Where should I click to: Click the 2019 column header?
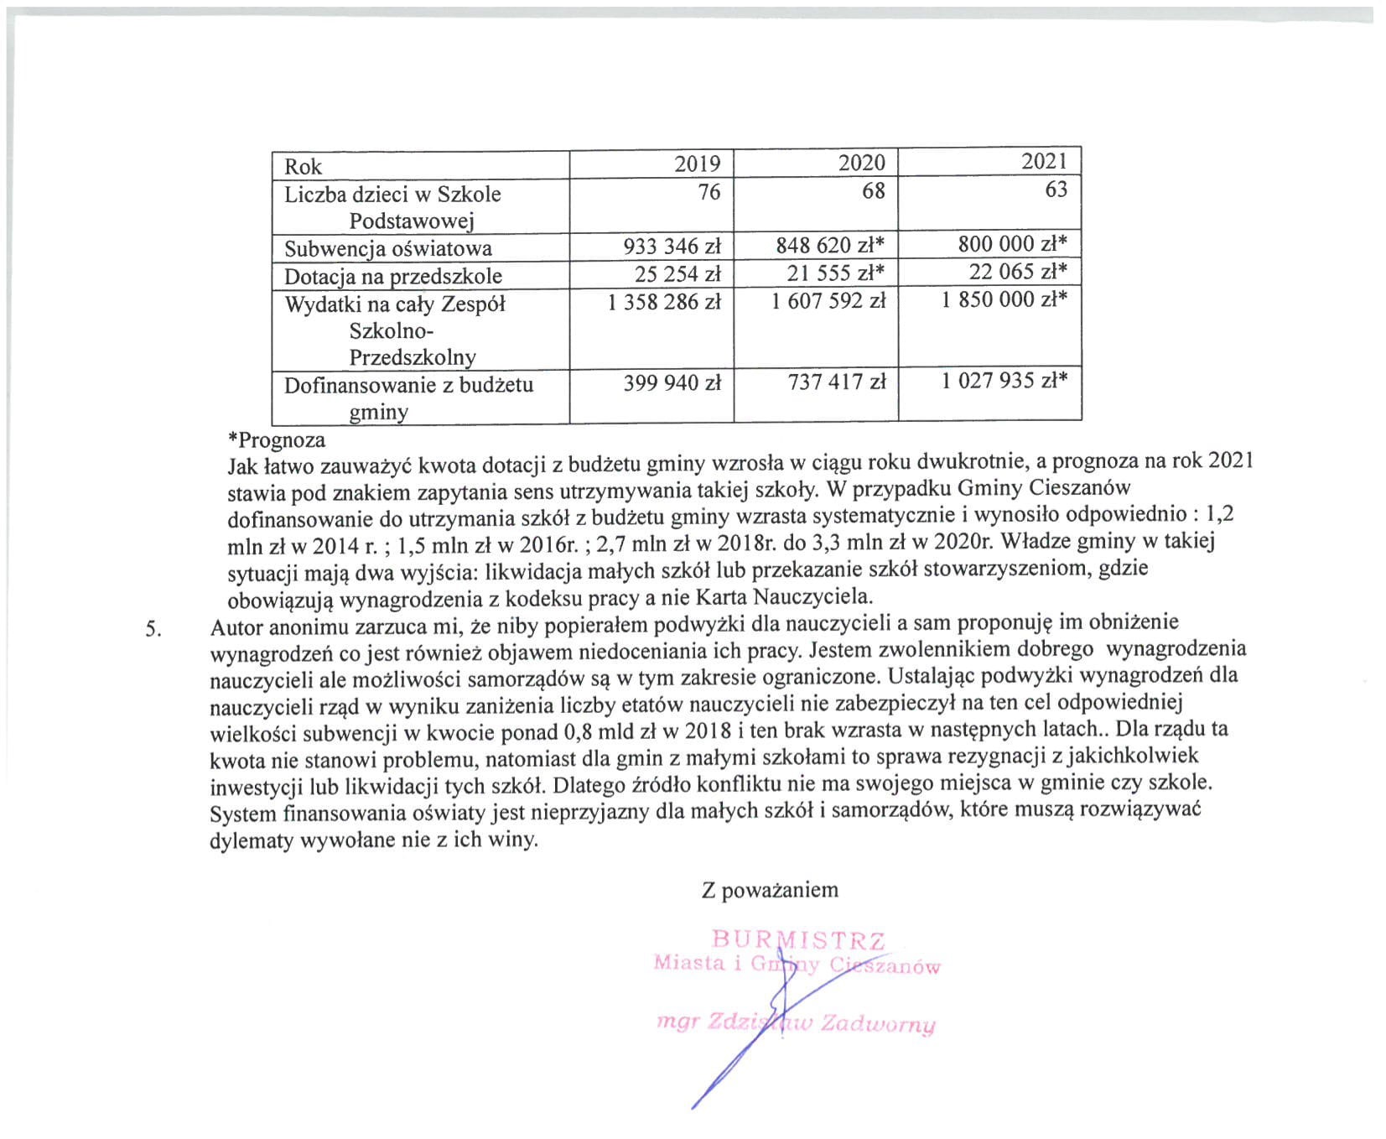click(697, 164)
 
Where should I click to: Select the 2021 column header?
click(1044, 161)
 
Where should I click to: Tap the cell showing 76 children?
click(709, 192)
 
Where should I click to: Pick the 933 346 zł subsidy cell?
click(672, 247)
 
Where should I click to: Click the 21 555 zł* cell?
click(836, 273)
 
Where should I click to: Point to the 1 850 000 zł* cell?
click(1004, 299)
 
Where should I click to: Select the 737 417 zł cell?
click(836, 382)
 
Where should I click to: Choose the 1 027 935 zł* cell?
click(1004, 381)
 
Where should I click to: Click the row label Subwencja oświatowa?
click(387, 248)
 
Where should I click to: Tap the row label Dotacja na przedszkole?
click(392, 276)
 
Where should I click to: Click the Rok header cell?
click(303, 166)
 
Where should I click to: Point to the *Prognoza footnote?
click(276, 439)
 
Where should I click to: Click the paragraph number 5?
click(153, 629)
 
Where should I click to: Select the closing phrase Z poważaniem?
click(770, 890)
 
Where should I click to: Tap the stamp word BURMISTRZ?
click(797, 939)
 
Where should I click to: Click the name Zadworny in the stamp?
click(878, 1024)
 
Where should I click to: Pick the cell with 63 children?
click(1056, 190)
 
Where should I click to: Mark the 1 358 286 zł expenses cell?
click(664, 301)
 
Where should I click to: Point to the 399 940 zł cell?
click(672, 383)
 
